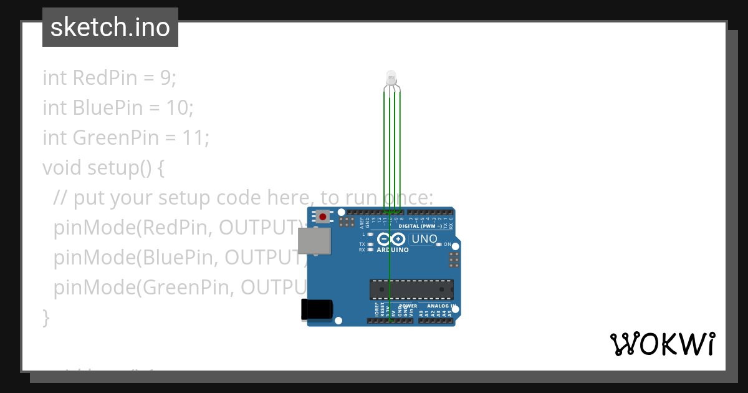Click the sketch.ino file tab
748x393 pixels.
[110, 27]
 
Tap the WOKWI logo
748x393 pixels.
[662, 344]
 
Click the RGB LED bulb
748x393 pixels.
[391, 77]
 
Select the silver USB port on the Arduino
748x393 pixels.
[314, 241]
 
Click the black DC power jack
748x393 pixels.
[317, 309]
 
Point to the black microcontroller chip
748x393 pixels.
[411, 289]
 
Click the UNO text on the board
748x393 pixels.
[424, 239]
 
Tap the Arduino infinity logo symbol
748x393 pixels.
[391, 239]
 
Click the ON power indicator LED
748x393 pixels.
[439, 245]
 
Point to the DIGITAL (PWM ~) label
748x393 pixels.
[424, 226]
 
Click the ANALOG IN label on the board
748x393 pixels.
[441, 306]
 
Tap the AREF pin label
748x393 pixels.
[361, 220]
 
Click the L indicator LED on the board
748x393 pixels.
[370, 235]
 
